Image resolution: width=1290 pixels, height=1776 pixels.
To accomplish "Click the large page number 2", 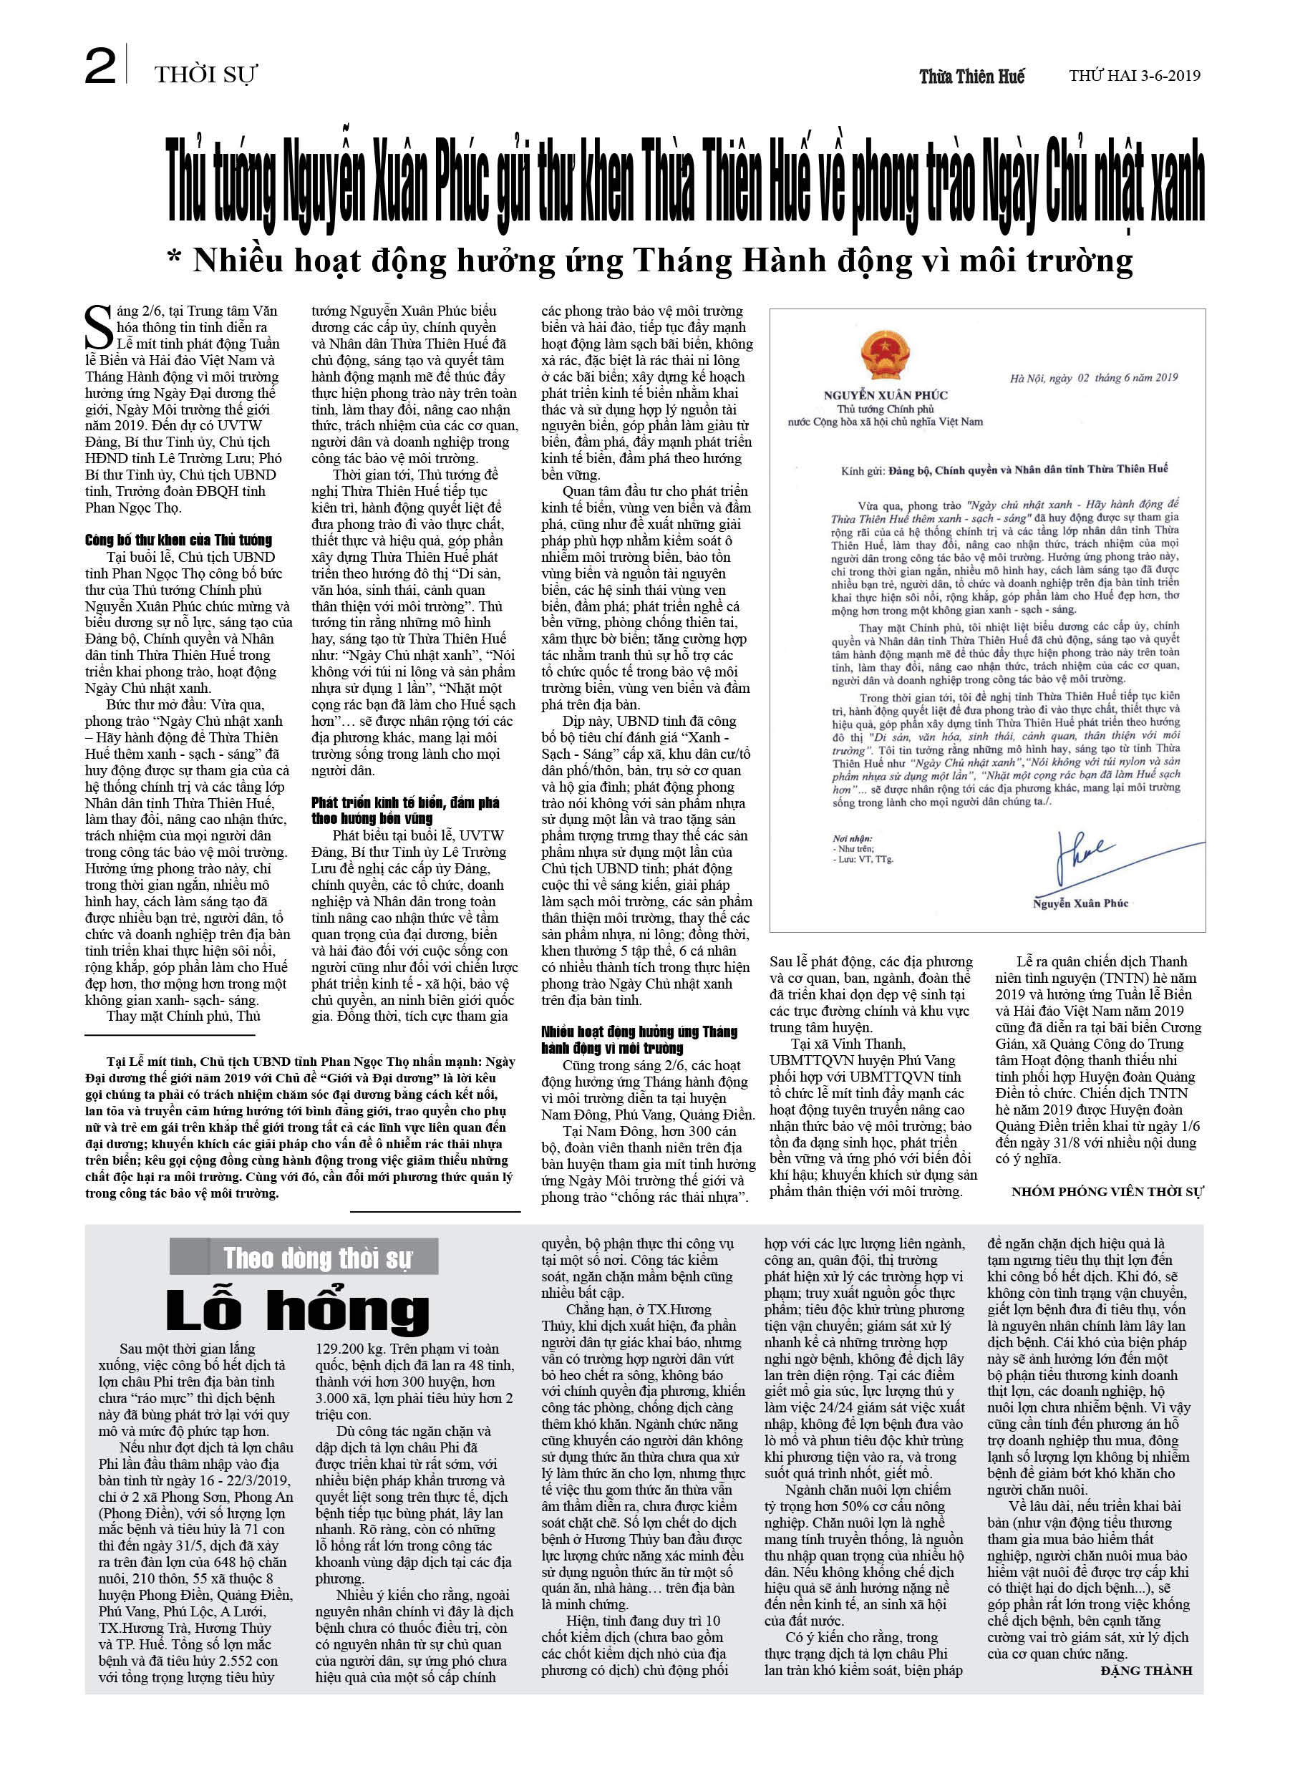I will click(100, 67).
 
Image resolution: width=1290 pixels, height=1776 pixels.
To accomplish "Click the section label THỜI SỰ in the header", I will click(205, 75).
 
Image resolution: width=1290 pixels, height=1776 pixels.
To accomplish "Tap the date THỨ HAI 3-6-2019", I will click(1134, 76).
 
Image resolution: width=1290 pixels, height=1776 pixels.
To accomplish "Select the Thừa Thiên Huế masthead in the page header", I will click(971, 77).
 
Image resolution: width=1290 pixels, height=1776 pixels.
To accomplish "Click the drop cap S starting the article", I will click(100, 328).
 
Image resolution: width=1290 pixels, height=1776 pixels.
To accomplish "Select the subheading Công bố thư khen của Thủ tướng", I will click(178, 540).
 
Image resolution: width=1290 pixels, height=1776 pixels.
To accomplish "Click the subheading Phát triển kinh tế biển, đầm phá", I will click(404, 802).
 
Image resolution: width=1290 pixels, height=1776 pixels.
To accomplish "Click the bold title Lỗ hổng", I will click(298, 1310).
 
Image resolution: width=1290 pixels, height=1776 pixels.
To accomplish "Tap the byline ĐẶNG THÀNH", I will click(1146, 1670).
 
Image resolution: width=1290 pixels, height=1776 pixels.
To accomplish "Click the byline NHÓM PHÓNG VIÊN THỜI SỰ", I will click(1106, 1192).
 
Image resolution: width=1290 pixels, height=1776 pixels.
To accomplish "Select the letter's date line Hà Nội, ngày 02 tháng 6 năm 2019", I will click(1093, 378).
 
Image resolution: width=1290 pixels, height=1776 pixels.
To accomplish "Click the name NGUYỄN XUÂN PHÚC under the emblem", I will click(885, 395).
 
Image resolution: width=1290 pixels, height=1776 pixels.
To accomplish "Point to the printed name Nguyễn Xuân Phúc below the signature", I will click(1080, 903).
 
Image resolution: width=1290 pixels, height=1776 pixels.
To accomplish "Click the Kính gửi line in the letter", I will click(1004, 470).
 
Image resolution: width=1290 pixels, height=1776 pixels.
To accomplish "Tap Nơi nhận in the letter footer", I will click(853, 838).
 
